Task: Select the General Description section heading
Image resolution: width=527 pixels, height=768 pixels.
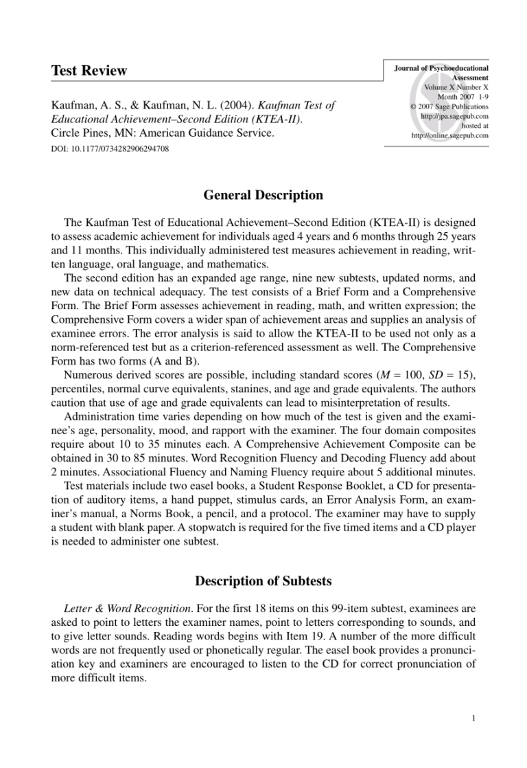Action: click(x=263, y=196)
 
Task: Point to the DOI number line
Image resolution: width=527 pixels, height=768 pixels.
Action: click(x=110, y=148)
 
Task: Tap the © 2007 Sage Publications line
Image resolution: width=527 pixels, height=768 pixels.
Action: click(x=449, y=106)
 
